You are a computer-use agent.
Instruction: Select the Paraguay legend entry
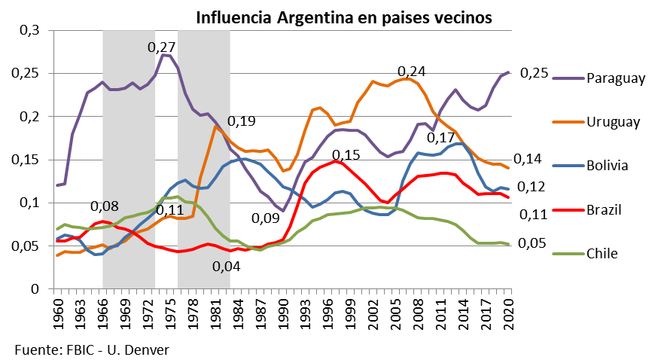coord(616,78)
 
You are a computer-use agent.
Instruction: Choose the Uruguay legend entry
coord(613,122)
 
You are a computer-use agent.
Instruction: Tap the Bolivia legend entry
coord(608,166)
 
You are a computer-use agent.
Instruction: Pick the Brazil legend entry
coord(605,209)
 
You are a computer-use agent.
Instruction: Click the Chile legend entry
coord(602,253)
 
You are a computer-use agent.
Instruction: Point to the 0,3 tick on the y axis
coord(29,30)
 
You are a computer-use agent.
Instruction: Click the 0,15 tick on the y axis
coord(26,160)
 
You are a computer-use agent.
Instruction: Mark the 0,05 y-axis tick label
coord(26,246)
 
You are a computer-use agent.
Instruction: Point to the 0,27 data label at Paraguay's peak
coord(161,47)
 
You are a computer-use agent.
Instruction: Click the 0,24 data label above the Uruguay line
coord(411,72)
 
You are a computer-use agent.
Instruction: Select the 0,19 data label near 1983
coord(242,121)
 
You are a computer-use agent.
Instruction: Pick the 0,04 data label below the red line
coord(226,266)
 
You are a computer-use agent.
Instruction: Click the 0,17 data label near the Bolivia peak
coord(441,138)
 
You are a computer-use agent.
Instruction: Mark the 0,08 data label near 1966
coord(104,206)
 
